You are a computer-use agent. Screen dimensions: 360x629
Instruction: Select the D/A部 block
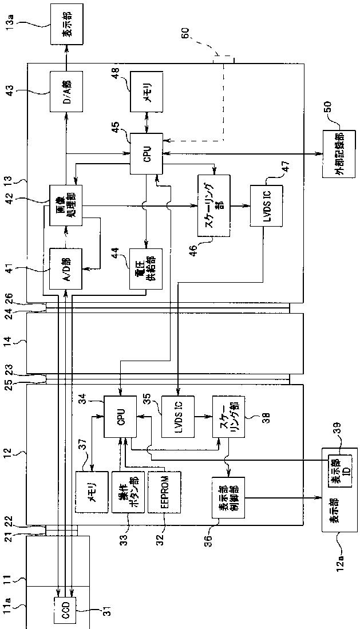click(x=66, y=92)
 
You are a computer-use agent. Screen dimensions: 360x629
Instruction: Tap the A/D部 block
click(x=66, y=268)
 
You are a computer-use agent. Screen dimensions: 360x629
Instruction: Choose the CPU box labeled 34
click(x=120, y=417)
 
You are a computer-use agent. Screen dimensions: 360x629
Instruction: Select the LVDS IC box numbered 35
click(x=178, y=417)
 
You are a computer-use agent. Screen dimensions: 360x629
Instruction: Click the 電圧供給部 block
click(x=147, y=268)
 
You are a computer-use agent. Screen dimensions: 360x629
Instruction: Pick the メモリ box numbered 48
click(x=147, y=92)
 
